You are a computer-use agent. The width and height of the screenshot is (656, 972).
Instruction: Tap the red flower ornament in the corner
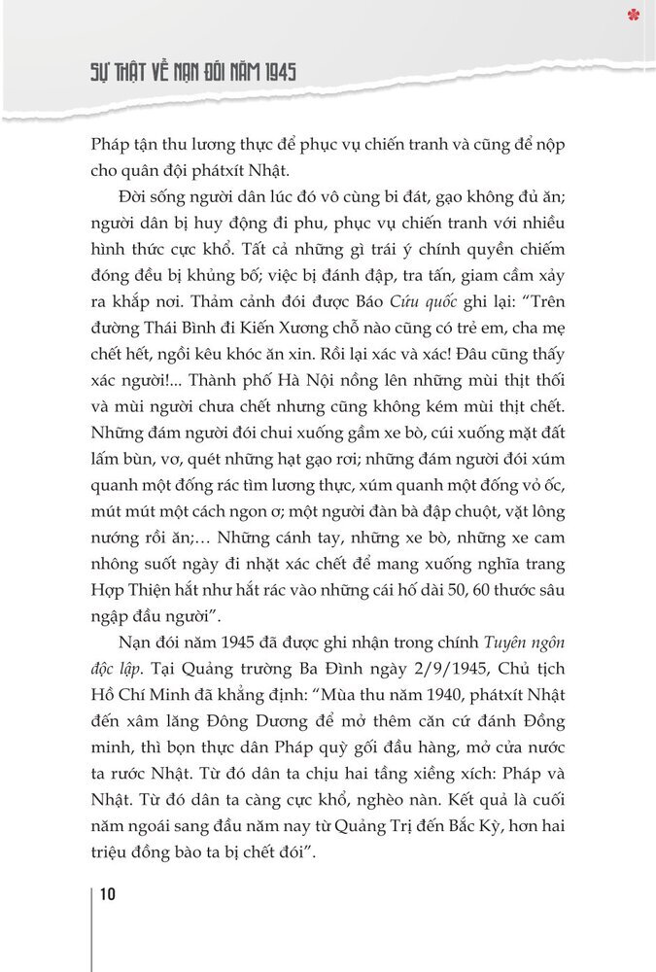click(636, 14)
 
